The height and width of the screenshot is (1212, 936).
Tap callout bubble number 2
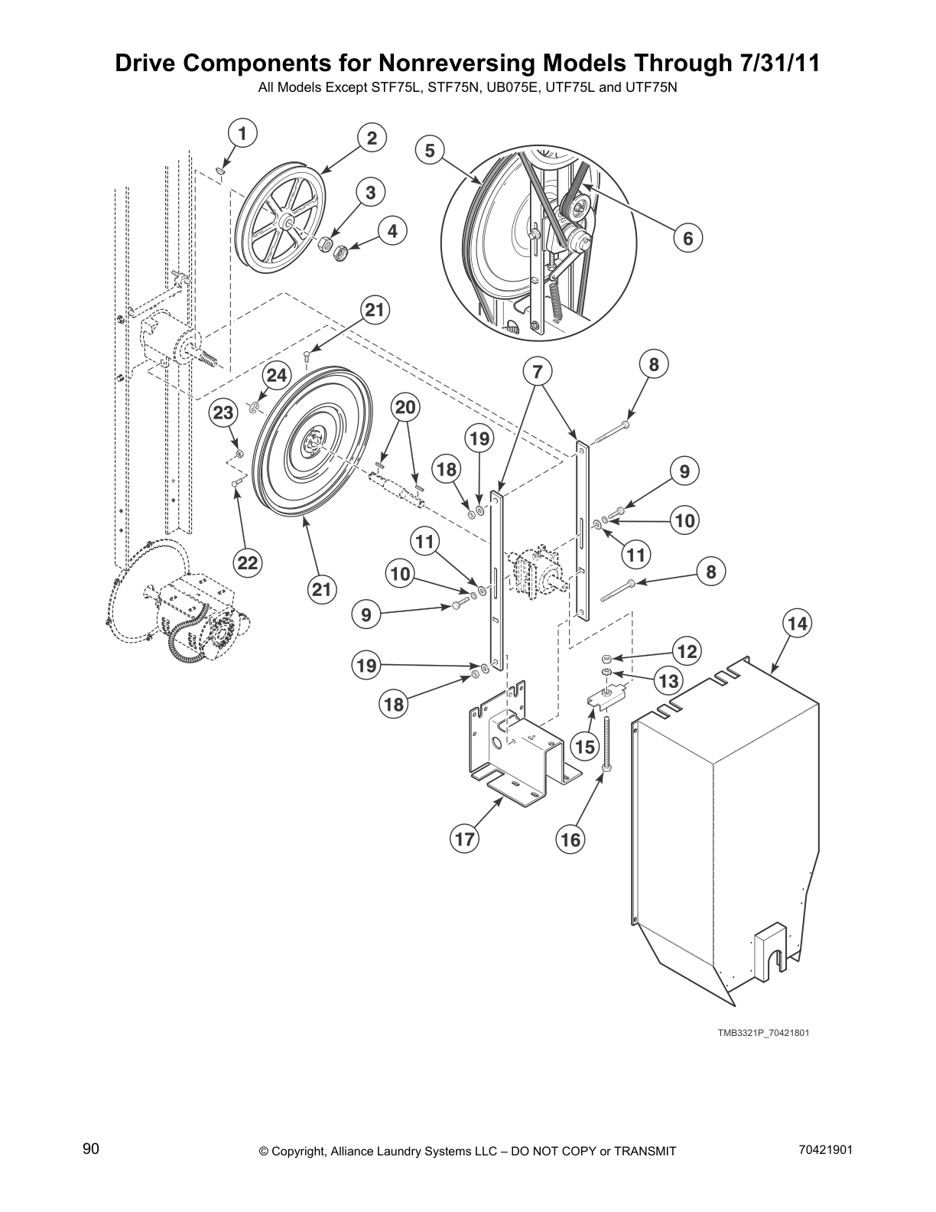point(372,138)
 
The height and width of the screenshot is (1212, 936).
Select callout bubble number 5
point(430,151)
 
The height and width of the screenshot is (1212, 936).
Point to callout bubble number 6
point(688,238)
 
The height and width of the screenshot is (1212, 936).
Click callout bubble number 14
point(798,624)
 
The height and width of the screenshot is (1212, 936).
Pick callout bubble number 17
point(464,839)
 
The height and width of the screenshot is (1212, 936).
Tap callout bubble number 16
point(570,839)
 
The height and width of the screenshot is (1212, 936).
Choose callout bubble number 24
point(277,375)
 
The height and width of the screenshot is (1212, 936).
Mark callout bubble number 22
point(247,563)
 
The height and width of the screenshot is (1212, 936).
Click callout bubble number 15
point(585,746)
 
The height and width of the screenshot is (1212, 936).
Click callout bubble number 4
point(392,230)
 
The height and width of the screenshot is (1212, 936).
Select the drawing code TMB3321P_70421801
point(762,1033)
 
